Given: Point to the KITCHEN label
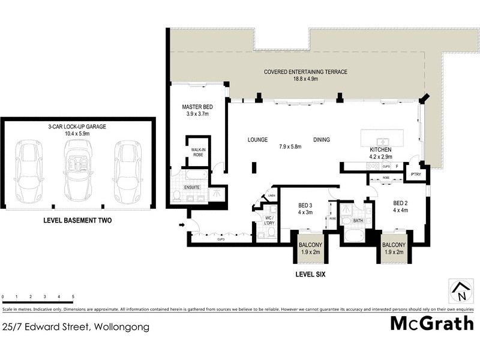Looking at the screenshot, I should point(380,149).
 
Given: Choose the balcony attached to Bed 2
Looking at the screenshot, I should point(394,248).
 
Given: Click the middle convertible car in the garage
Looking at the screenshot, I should point(77,170).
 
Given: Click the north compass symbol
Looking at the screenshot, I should point(460,292).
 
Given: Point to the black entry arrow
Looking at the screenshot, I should point(182,226).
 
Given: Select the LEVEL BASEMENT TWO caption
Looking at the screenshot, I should point(77,221).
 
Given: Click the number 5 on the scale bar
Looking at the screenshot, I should point(73,296).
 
